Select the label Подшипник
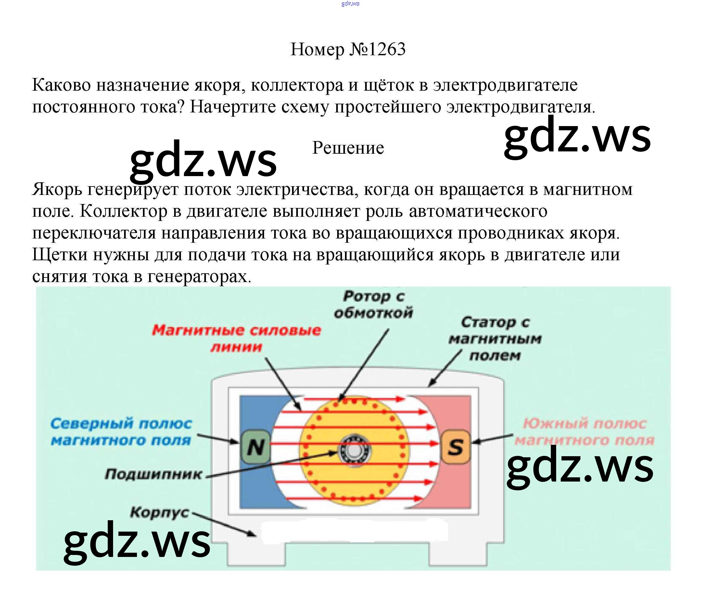[x=153, y=474]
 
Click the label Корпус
[x=160, y=513]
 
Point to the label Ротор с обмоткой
[x=374, y=304]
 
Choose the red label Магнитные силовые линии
[x=236, y=338]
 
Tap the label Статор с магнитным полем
[x=495, y=339]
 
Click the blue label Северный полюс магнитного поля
[x=121, y=432]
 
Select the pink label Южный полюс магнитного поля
[x=584, y=432]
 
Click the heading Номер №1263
[x=348, y=49]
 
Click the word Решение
[x=348, y=148]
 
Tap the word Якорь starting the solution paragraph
[x=57, y=189]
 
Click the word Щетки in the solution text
[x=60, y=254]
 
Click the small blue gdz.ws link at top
[x=350, y=4]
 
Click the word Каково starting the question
[x=61, y=85]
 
